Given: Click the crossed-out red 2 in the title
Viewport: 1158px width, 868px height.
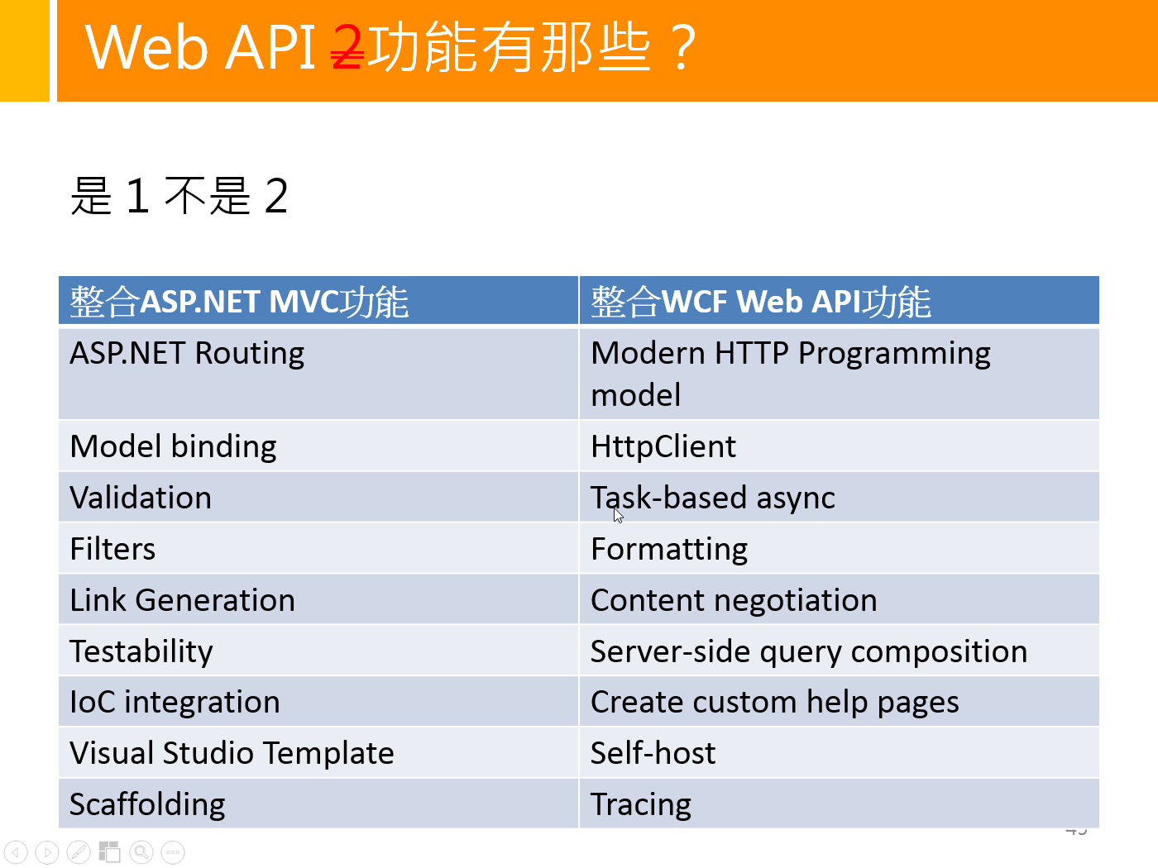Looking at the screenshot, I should pos(347,47).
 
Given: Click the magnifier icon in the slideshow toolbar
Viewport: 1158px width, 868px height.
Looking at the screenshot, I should pos(141,851).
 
